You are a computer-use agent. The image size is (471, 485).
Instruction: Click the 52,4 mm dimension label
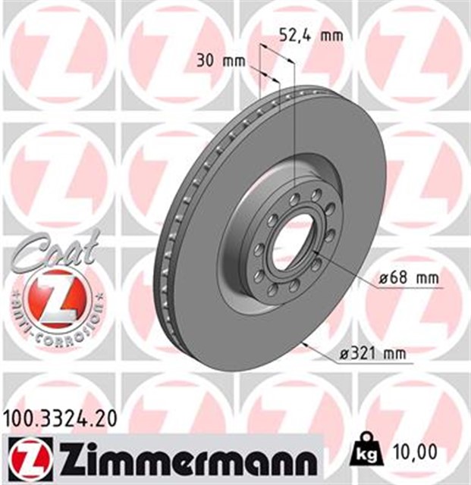coord(307,36)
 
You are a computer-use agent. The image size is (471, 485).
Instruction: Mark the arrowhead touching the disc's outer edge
coord(304,346)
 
